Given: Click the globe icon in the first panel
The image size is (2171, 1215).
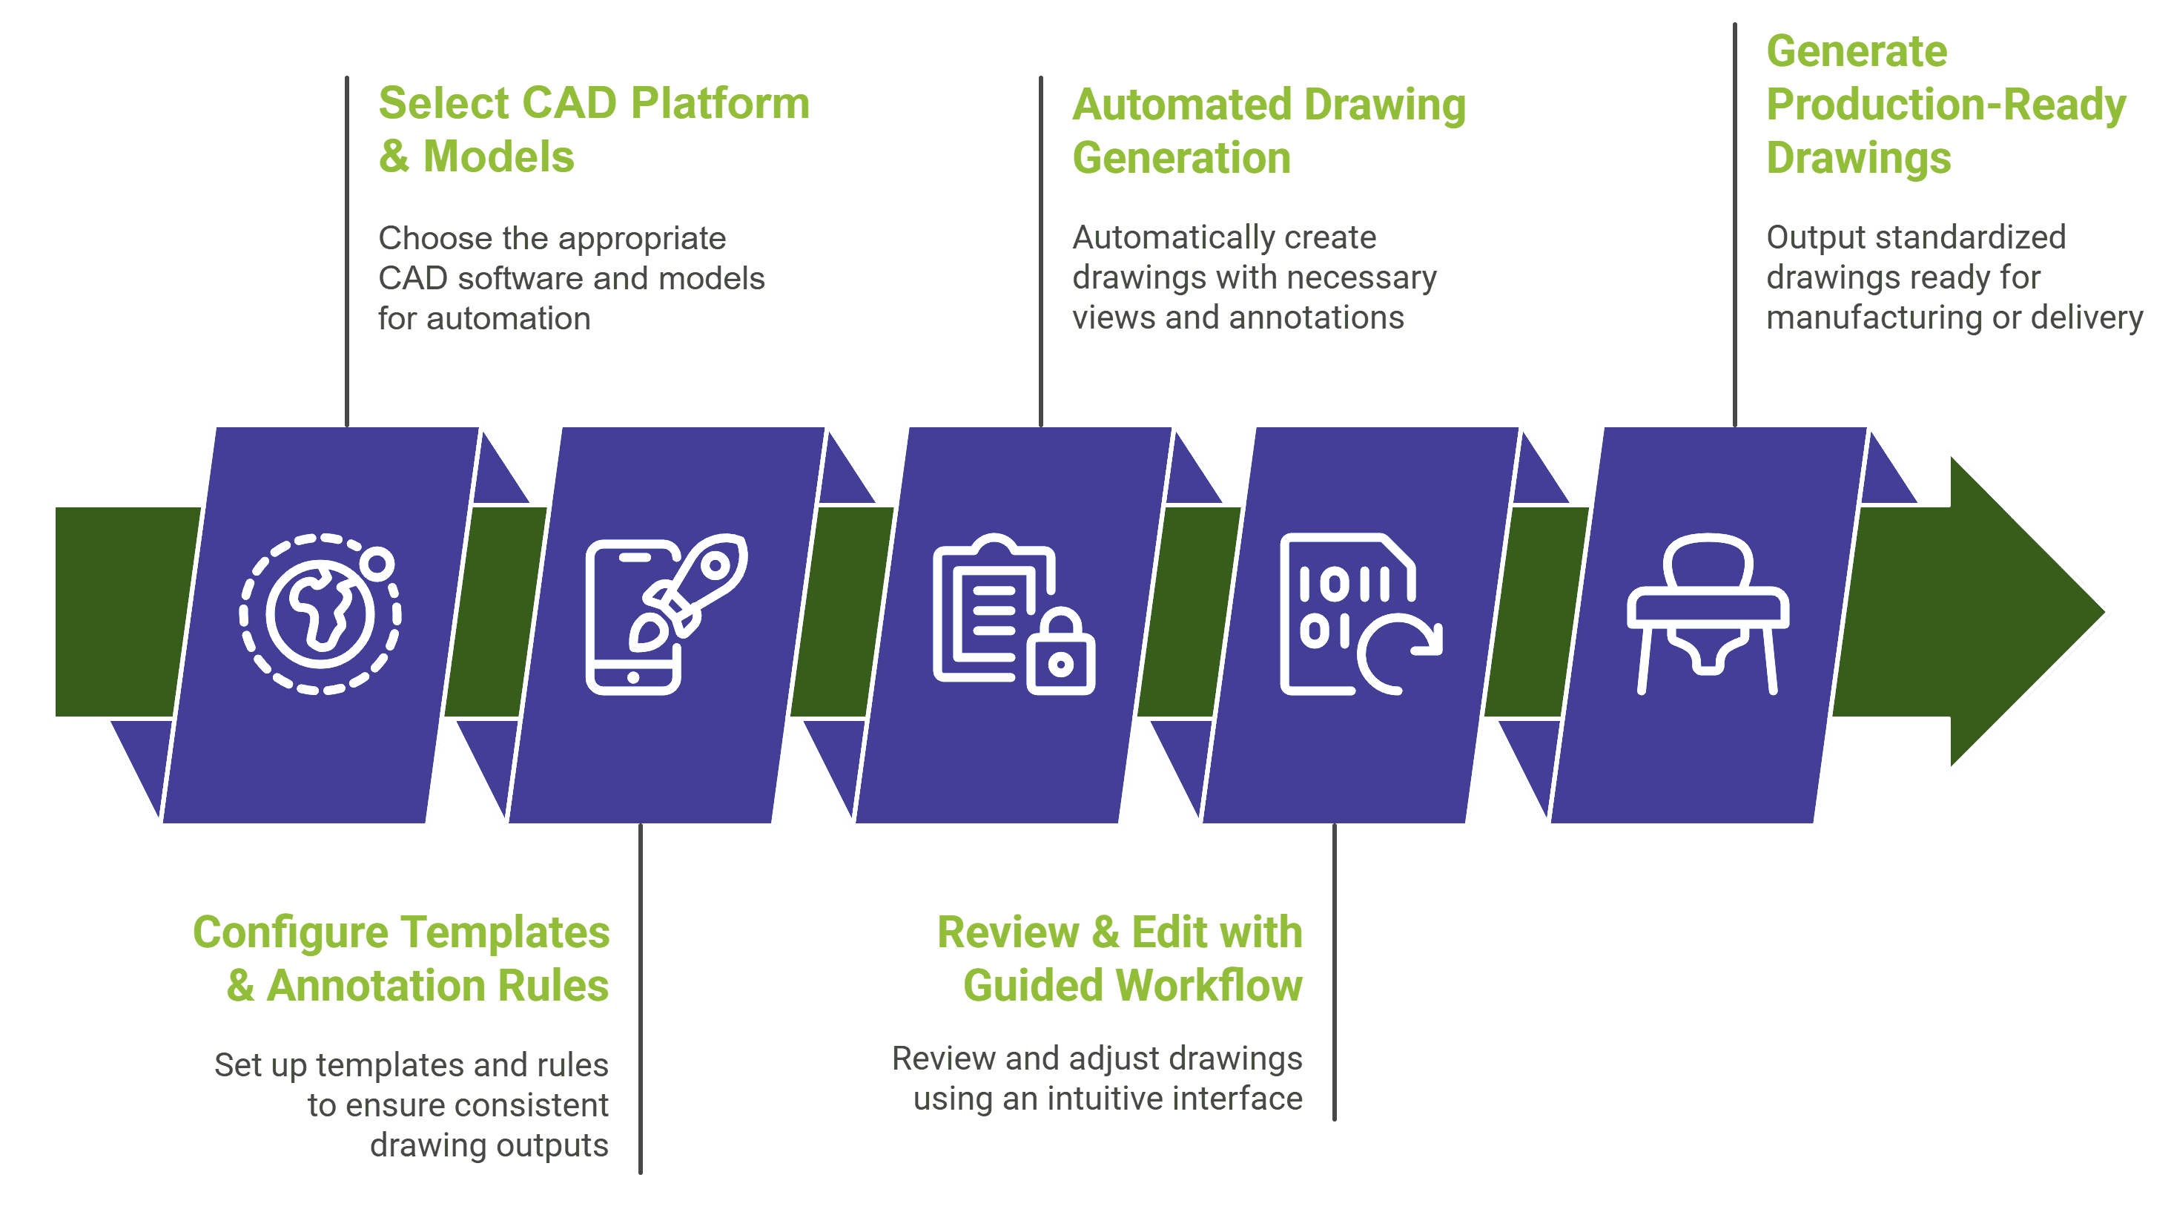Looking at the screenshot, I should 320,614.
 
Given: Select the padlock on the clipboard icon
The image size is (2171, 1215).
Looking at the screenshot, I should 1060,653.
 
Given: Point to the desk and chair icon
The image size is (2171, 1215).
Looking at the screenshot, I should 1708,614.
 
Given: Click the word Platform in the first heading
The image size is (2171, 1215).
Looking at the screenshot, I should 720,104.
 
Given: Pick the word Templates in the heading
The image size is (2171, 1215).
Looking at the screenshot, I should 505,932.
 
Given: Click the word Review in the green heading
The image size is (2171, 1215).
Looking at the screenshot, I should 1008,932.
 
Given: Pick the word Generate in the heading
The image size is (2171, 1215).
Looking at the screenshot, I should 1857,51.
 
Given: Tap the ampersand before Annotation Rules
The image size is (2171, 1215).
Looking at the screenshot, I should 240,986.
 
